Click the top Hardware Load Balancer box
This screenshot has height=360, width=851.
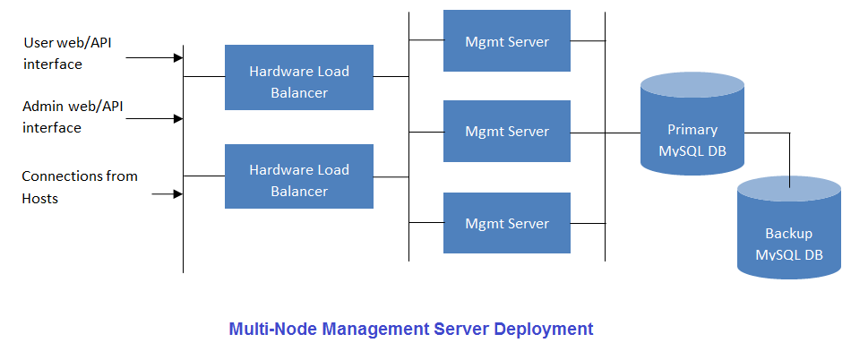(298, 78)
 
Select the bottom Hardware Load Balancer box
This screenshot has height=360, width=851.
(298, 176)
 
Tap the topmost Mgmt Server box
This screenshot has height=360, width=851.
(507, 41)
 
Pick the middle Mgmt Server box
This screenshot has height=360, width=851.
(507, 132)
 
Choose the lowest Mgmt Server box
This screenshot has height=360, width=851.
(507, 224)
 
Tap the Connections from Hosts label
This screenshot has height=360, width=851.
(79, 186)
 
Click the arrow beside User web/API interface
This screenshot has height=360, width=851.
(154, 58)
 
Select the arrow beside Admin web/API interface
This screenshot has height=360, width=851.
(154, 118)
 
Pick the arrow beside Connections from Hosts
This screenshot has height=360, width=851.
(167, 193)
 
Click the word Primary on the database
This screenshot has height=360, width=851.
(692, 130)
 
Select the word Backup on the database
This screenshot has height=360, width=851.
(788, 234)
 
